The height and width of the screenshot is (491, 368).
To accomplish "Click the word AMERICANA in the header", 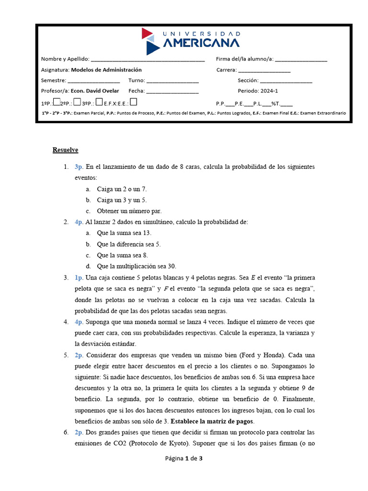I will pos(202,44).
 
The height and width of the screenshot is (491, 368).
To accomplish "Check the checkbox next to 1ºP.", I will pos(56,102).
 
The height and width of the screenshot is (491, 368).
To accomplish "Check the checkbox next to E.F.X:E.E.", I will pos(134,102).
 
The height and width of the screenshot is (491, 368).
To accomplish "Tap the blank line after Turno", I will pos(172,81).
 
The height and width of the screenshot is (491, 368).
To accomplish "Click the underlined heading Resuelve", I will pos(65,150).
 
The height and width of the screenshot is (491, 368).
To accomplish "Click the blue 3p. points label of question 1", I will pos(79,167).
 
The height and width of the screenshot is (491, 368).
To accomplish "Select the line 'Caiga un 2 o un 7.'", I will pos(122,189).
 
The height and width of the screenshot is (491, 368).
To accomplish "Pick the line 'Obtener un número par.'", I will pos(129,211).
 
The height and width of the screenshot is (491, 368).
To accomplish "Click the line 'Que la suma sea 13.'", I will pos(124,233).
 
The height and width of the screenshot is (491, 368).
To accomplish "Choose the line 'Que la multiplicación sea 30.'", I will pos(136,266).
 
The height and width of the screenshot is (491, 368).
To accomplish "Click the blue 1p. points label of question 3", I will pos(79,278).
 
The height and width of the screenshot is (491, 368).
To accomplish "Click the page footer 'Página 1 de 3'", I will pos(184,458).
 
